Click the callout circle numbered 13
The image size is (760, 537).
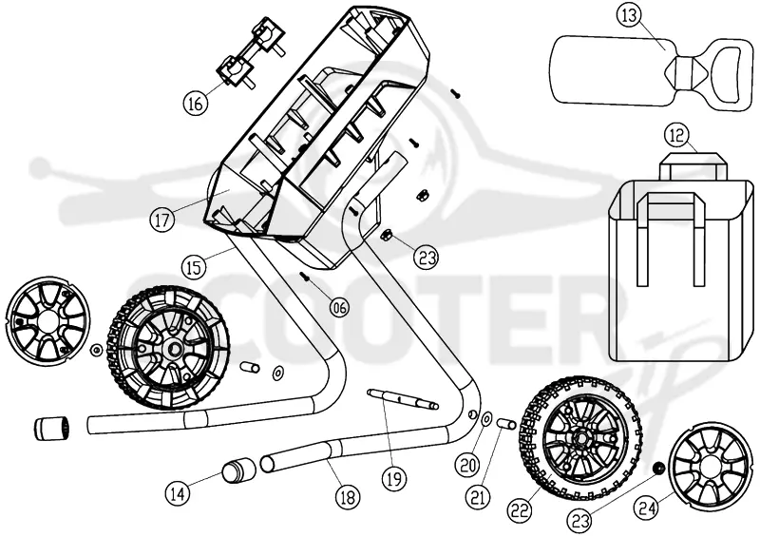pos(628,15)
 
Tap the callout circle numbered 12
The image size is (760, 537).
pos(676,135)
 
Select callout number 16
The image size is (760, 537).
pos(196,103)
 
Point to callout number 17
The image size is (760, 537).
pos(161,220)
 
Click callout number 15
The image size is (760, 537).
pos(194,266)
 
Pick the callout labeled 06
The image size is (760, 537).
pos(339,306)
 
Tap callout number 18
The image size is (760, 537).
pos(348,497)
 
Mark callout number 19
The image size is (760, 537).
pos(393,478)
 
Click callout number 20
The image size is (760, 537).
pos(467,466)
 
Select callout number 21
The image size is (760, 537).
pos(479,497)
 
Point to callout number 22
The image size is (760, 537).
pos(520,509)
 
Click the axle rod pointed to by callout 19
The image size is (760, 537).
pos(403,399)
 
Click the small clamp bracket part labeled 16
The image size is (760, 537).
pos(250,53)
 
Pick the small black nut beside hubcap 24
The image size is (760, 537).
pos(658,469)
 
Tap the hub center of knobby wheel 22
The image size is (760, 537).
pos(579,437)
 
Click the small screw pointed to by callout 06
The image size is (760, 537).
pos(305,277)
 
